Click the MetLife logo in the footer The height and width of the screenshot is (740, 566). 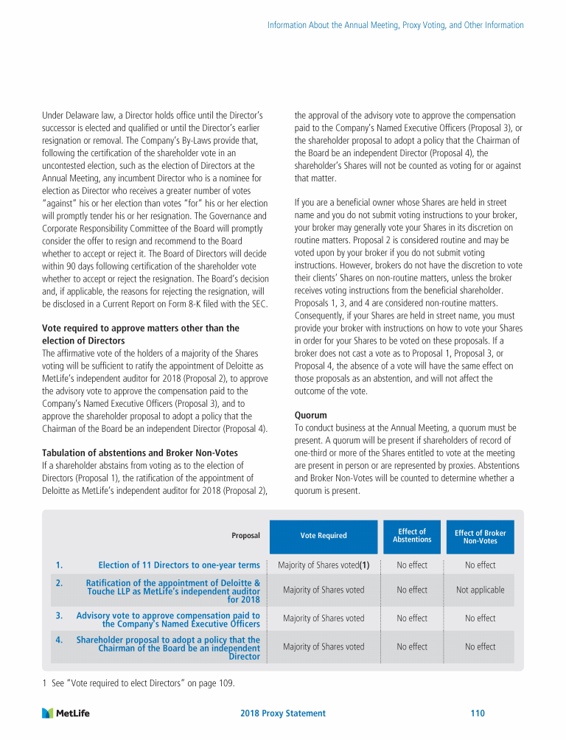tap(66, 713)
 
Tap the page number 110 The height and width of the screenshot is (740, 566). tap(477, 713)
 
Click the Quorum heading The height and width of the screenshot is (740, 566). tap(310, 415)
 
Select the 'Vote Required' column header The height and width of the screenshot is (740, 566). tap(324, 536)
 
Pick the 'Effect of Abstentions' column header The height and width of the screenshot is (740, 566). tap(412, 536)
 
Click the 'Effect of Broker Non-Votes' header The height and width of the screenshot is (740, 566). tap(480, 537)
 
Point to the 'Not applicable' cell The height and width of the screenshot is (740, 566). tap(480, 590)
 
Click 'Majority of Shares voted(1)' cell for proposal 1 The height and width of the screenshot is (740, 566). tap(324, 565)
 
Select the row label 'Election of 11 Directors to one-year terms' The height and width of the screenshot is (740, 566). tap(178, 565)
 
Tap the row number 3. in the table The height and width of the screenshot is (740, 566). tap(59, 615)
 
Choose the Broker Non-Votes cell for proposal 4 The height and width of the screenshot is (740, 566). tap(480, 646)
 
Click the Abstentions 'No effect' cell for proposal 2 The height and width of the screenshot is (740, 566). tap(412, 590)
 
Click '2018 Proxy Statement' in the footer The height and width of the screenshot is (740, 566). tap(283, 713)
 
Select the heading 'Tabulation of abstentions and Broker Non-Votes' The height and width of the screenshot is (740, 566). tap(140, 453)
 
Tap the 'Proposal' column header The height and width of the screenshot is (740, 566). tap(245, 536)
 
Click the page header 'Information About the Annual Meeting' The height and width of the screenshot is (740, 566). tap(395, 25)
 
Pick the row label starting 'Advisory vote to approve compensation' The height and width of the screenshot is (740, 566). tap(168, 619)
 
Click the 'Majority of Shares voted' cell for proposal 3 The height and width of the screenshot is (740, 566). tap(324, 618)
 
